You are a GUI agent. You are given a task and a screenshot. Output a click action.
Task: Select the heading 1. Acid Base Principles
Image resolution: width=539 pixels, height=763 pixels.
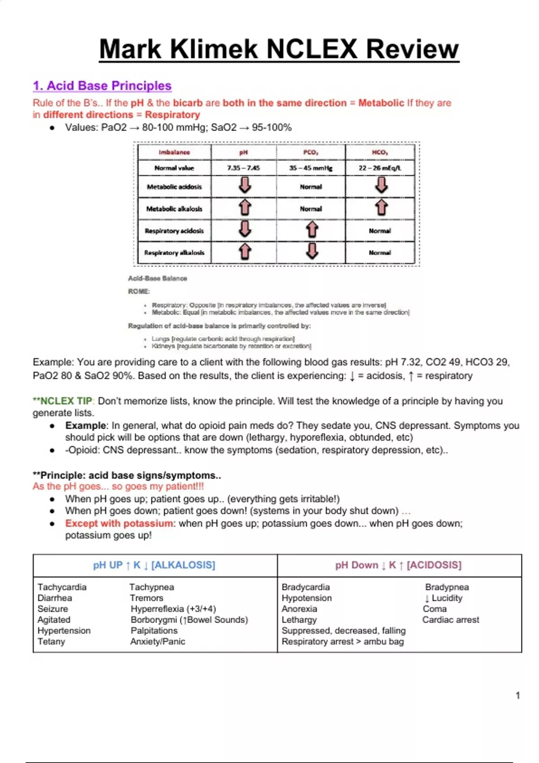[x=102, y=86]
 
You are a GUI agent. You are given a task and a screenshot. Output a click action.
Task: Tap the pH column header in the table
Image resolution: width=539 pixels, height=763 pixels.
[x=243, y=153]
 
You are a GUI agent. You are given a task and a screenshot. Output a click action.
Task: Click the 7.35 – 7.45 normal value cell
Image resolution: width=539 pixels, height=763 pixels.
[x=243, y=168]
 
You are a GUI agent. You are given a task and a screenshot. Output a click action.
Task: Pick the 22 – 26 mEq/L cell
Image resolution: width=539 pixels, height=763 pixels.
[x=380, y=168]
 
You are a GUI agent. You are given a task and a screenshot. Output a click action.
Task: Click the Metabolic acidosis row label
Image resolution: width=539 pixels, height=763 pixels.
[x=174, y=187]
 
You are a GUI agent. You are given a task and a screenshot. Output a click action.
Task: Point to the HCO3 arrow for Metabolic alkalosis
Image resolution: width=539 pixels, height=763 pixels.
[x=381, y=208]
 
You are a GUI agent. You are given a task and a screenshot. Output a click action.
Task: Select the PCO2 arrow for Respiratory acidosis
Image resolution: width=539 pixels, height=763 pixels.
[x=312, y=230]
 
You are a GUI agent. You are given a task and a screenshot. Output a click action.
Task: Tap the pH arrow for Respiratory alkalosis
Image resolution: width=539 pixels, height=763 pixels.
[x=244, y=252]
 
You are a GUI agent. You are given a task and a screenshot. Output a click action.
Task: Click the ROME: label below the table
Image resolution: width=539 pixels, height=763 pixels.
[x=139, y=291]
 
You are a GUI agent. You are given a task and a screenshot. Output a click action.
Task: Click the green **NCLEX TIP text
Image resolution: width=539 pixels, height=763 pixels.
[x=63, y=401]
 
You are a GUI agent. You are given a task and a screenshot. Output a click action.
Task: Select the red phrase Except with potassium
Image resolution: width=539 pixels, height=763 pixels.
[x=119, y=523]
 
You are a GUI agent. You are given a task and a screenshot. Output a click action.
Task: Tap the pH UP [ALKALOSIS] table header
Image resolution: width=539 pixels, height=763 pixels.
[x=154, y=565]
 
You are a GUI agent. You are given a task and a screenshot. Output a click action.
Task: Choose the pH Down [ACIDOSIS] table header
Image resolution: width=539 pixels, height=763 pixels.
[x=398, y=565]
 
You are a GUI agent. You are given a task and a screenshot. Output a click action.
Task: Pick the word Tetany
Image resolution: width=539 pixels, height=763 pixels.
[x=51, y=641]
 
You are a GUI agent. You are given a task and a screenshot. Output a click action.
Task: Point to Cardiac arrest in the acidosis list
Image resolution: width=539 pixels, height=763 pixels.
[x=451, y=620]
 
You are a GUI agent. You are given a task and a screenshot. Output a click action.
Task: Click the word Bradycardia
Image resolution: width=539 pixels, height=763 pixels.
[x=305, y=587]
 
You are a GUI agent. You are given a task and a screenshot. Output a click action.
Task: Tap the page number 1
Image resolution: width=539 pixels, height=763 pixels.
[x=517, y=695]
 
